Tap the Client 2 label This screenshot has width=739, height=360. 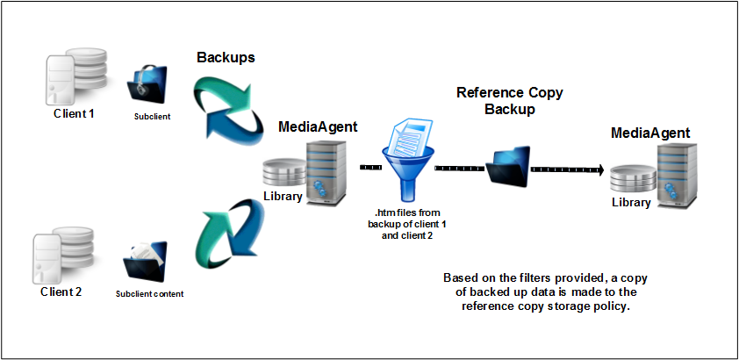tap(61, 291)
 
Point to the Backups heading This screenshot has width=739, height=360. tap(225, 57)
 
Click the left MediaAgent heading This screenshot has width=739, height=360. tap(318, 126)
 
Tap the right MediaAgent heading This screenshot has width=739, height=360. tap(649, 133)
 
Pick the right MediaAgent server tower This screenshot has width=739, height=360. tap(672, 176)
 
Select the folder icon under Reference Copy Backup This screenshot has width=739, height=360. tap(510, 166)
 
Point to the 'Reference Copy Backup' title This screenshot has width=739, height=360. tap(509, 101)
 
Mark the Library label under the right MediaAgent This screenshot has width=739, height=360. tap(631, 202)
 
